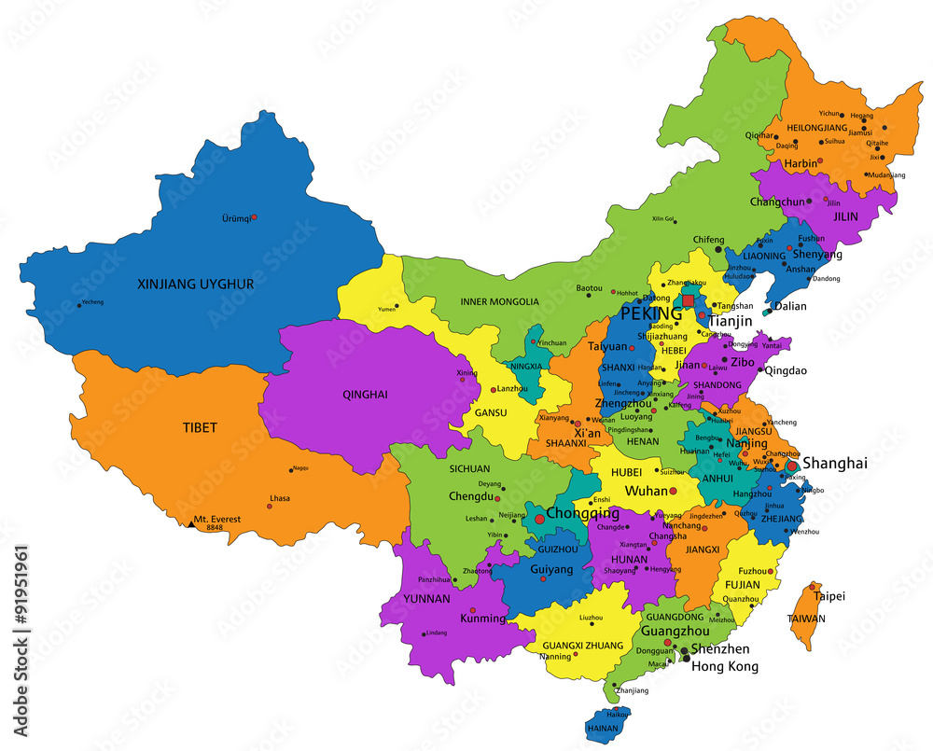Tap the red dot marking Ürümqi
pyautogui.click(x=255, y=217)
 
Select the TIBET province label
pyautogui.click(x=200, y=428)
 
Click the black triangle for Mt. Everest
pyautogui.click(x=190, y=524)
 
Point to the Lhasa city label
pyautogui.click(x=279, y=498)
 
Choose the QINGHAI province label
pyautogui.click(x=365, y=395)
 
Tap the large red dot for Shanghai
pyautogui.click(x=792, y=466)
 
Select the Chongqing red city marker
pyautogui.click(x=539, y=518)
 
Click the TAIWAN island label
pyautogui.click(x=806, y=619)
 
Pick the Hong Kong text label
pyautogui.click(x=724, y=666)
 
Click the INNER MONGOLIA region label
pyautogui.click(x=500, y=301)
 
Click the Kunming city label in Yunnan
pyautogui.click(x=482, y=619)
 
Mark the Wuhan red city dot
pyautogui.click(x=673, y=491)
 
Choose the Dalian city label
pyautogui.click(x=789, y=306)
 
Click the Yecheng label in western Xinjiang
pyautogui.click(x=92, y=302)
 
